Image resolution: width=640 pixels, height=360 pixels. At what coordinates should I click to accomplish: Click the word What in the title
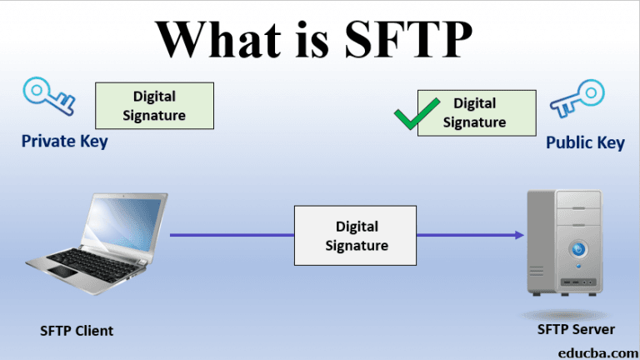point(215,39)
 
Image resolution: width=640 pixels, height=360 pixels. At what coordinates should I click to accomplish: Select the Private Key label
point(64,142)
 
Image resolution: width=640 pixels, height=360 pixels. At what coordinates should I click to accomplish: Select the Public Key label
point(585,142)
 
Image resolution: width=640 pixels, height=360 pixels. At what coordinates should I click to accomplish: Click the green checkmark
point(417,114)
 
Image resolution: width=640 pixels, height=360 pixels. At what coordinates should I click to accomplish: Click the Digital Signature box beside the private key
point(155,106)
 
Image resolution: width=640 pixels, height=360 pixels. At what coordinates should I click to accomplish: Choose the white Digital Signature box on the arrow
point(356,236)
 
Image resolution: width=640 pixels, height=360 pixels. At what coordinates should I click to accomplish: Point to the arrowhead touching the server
point(519,236)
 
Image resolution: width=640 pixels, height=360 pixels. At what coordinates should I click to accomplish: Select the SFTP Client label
point(77,331)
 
